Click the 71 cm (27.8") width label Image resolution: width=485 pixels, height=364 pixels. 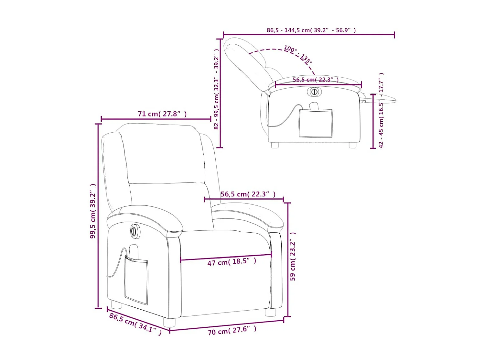tap(162, 114)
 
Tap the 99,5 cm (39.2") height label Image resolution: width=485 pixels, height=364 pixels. tap(93, 211)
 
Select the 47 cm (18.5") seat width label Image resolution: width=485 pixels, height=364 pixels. tap(232, 262)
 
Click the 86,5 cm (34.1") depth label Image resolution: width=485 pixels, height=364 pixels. tap(135, 324)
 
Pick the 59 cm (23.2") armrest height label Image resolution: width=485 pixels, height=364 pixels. tap(293, 256)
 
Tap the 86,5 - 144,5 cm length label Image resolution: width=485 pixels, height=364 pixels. tap(311, 30)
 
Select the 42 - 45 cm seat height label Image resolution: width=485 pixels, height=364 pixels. tap(381, 110)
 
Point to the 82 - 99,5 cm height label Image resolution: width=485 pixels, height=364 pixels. tap(216, 89)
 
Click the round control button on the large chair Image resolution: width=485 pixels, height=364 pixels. tap(135, 231)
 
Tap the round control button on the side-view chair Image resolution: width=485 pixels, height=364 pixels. tap(314, 92)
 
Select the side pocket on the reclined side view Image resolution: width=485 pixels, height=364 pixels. tap(316, 123)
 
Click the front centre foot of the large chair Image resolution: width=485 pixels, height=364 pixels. tap(169, 322)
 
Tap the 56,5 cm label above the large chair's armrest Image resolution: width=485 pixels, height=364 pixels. tap(248, 194)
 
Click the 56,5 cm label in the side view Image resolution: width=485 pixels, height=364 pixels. tap(316, 80)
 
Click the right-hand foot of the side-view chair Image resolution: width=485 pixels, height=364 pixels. tap(352, 145)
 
